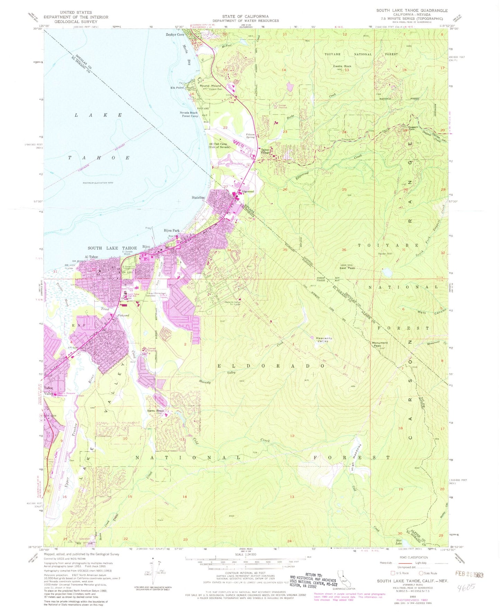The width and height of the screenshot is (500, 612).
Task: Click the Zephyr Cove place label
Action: [x=175, y=35]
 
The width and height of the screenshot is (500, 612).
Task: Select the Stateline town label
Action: [x=198, y=198]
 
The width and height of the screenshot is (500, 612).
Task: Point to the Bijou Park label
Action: [x=172, y=230]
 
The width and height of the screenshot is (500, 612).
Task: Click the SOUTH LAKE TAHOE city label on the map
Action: [x=112, y=248]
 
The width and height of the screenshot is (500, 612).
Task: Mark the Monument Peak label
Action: [x=380, y=344]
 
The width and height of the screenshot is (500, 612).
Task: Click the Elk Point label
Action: [x=177, y=88]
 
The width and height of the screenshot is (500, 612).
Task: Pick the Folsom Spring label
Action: [x=250, y=136]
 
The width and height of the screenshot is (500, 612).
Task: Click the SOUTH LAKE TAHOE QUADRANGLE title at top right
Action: [x=412, y=11]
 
